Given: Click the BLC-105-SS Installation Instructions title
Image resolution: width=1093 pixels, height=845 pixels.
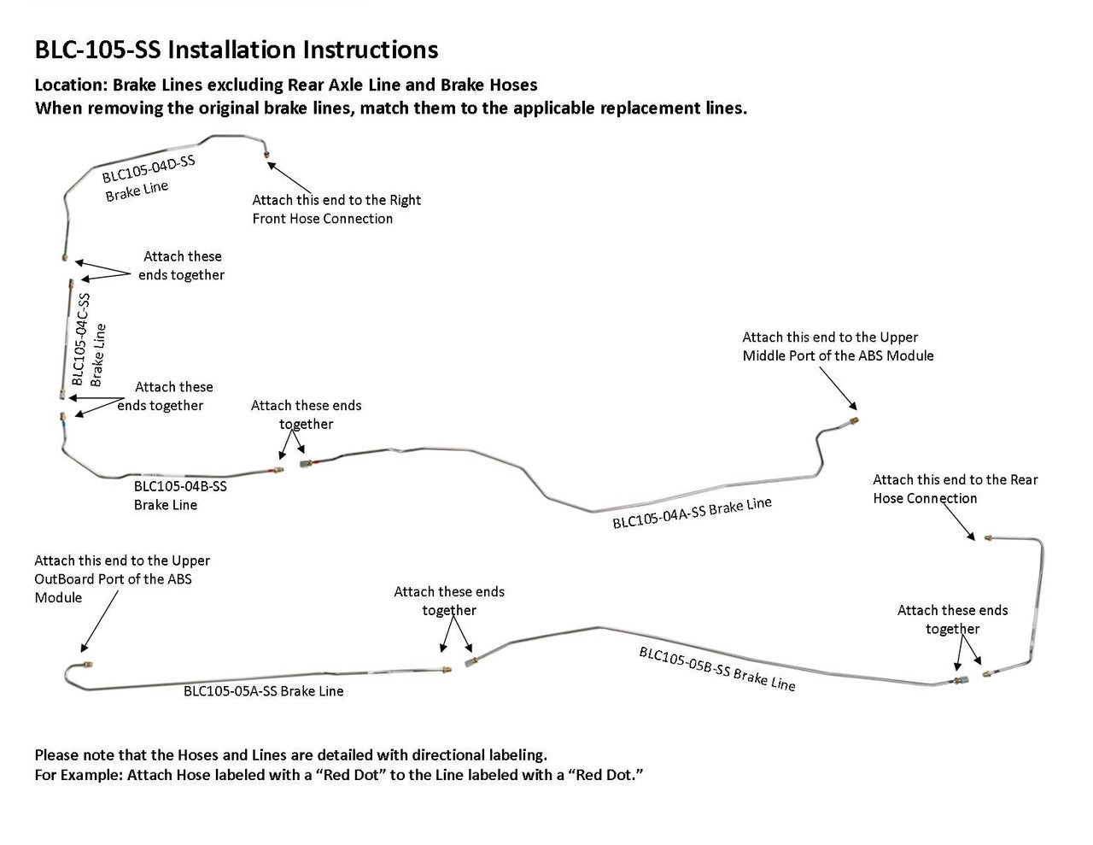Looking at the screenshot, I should click(236, 50).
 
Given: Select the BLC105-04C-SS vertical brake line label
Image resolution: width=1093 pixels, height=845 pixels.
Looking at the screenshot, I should click(88, 339).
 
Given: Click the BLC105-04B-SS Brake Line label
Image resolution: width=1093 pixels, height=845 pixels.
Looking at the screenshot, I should click(180, 496).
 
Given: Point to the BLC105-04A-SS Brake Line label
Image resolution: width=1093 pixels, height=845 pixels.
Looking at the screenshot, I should click(692, 513).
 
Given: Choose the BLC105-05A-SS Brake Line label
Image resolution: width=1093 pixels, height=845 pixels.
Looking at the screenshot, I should click(263, 691).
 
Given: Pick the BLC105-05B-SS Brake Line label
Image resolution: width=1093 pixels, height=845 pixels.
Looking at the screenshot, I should click(716, 668).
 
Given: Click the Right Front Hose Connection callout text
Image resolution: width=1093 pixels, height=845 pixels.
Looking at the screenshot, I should click(336, 209).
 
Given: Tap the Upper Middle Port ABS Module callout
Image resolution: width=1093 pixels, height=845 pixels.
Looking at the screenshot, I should click(837, 346).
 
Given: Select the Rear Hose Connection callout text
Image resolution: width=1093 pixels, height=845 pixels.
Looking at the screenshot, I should click(955, 489).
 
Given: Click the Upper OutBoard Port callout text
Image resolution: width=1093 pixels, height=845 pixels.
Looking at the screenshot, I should click(121, 578).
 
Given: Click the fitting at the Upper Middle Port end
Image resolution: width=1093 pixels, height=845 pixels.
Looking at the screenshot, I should click(854, 420).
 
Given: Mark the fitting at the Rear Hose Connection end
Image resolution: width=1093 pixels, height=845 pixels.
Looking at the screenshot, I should click(987, 538).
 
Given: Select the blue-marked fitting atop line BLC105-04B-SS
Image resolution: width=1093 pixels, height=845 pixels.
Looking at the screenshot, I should click(62, 419).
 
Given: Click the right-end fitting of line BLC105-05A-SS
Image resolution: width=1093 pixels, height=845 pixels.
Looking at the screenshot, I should click(446, 670).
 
